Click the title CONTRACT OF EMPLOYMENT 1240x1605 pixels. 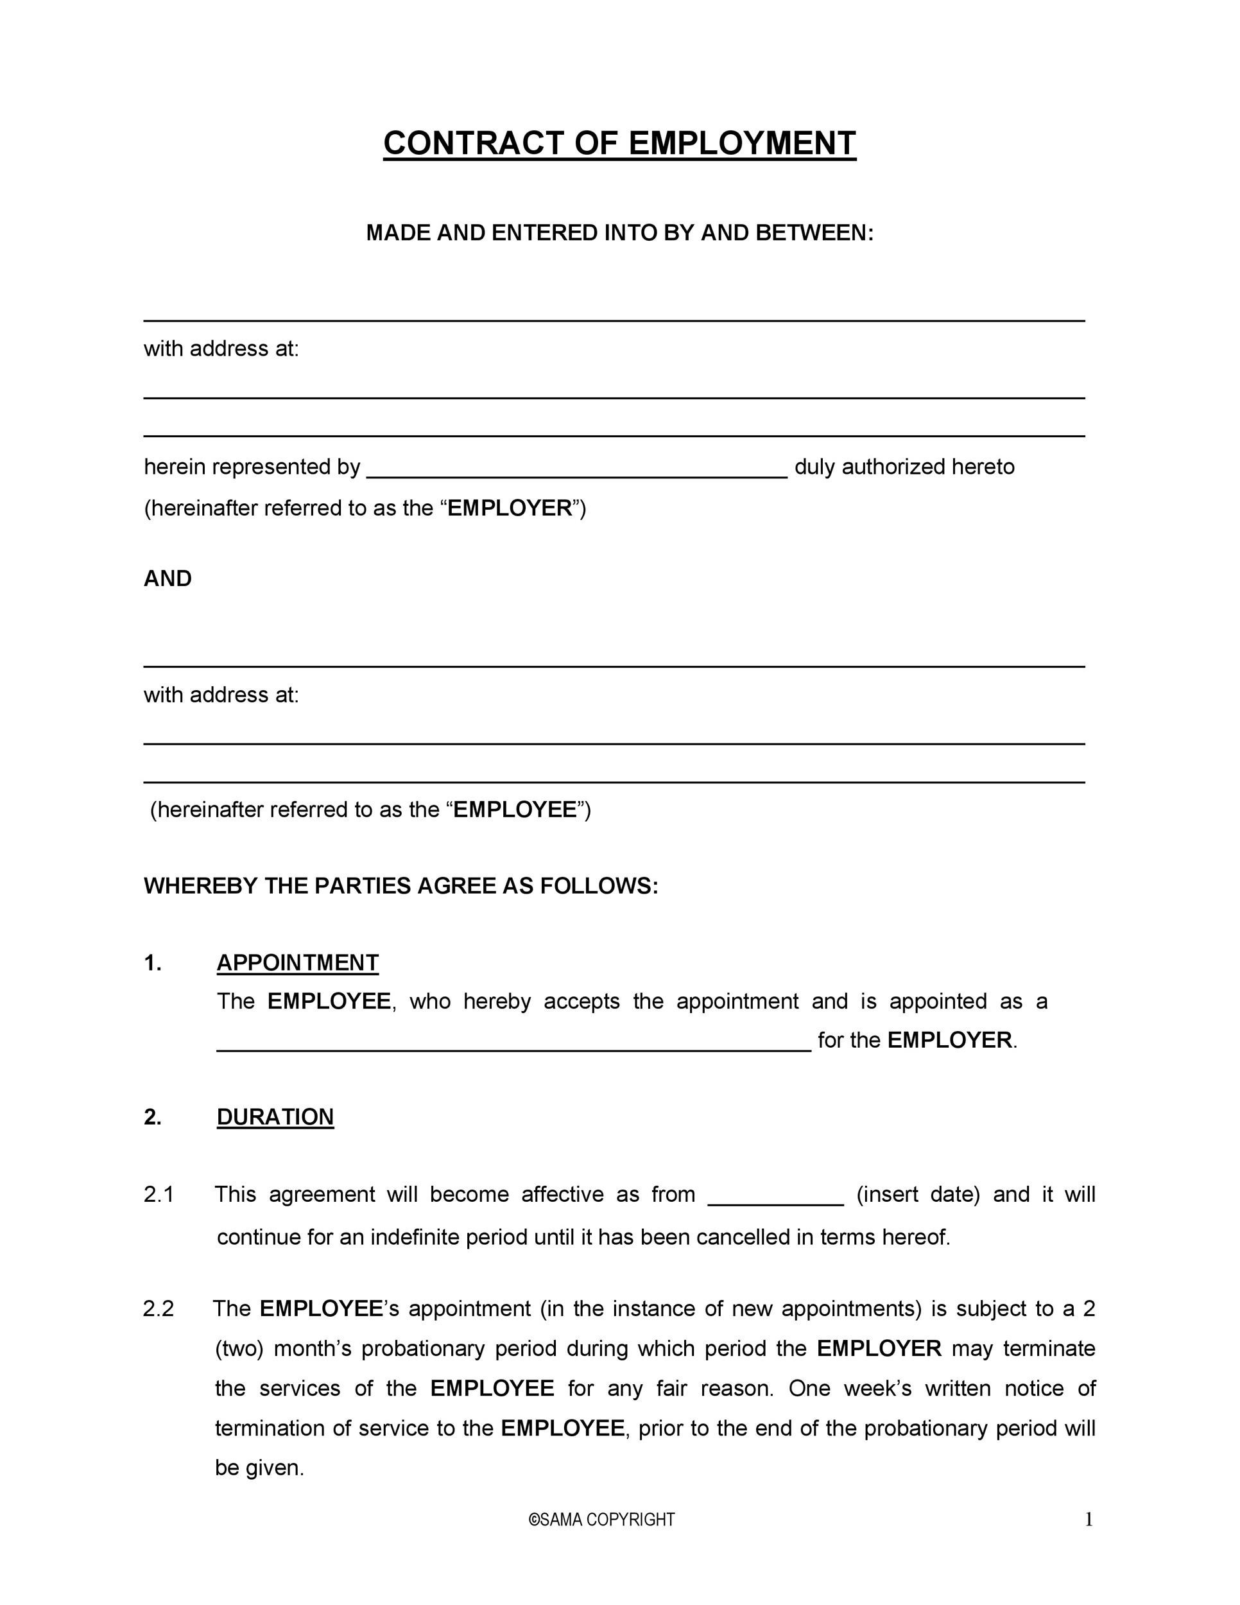pos(619,143)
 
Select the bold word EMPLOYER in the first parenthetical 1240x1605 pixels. pos(510,508)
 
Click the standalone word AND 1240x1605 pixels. pos(168,578)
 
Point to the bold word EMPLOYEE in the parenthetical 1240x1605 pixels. pos(515,809)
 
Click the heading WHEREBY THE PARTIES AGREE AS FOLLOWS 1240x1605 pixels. pos(401,885)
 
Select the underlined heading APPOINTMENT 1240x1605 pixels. pos(298,963)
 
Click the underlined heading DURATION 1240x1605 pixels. pos(275,1116)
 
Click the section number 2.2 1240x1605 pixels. pos(159,1308)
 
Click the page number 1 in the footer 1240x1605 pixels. pos(1089,1519)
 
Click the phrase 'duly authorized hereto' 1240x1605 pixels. pos(904,467)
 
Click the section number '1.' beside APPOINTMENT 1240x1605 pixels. pos(152,963)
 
